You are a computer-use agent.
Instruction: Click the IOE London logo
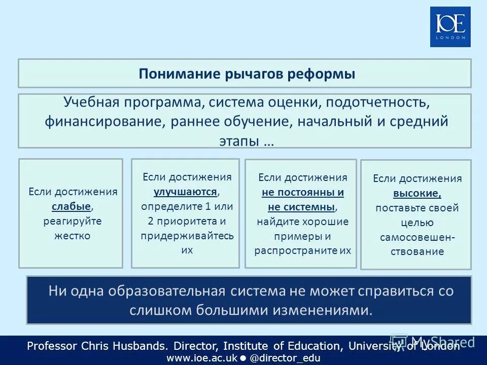click(x=450, y=27)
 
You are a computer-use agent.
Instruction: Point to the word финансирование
click(x=104, y=122)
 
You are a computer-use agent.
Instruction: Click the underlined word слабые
click(x=72, y=206)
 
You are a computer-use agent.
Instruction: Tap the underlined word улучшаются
click(x=186, y=192)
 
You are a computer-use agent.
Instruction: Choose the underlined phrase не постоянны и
click(x=303, y=192)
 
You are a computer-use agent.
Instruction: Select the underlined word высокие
click(x=416, y=193)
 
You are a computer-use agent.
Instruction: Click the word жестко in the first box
click(x=73, y=236)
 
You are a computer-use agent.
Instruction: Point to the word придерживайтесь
click(x=187, y=236)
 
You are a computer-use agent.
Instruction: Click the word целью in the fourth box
click(x=417, y=223)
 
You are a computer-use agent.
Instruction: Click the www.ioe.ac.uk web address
click(x=202, y=357)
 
